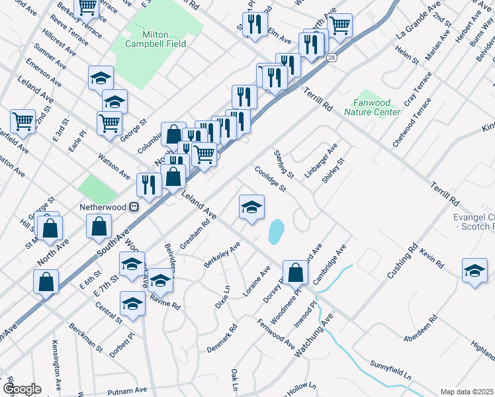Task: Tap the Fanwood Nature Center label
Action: coord(372,107)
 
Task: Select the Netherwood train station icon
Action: coord(134,206)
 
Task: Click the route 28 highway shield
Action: coord(330,58)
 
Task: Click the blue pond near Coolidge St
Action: coord(275,232)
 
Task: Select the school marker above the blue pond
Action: coord(251,208)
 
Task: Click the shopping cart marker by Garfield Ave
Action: coord(23,122)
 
